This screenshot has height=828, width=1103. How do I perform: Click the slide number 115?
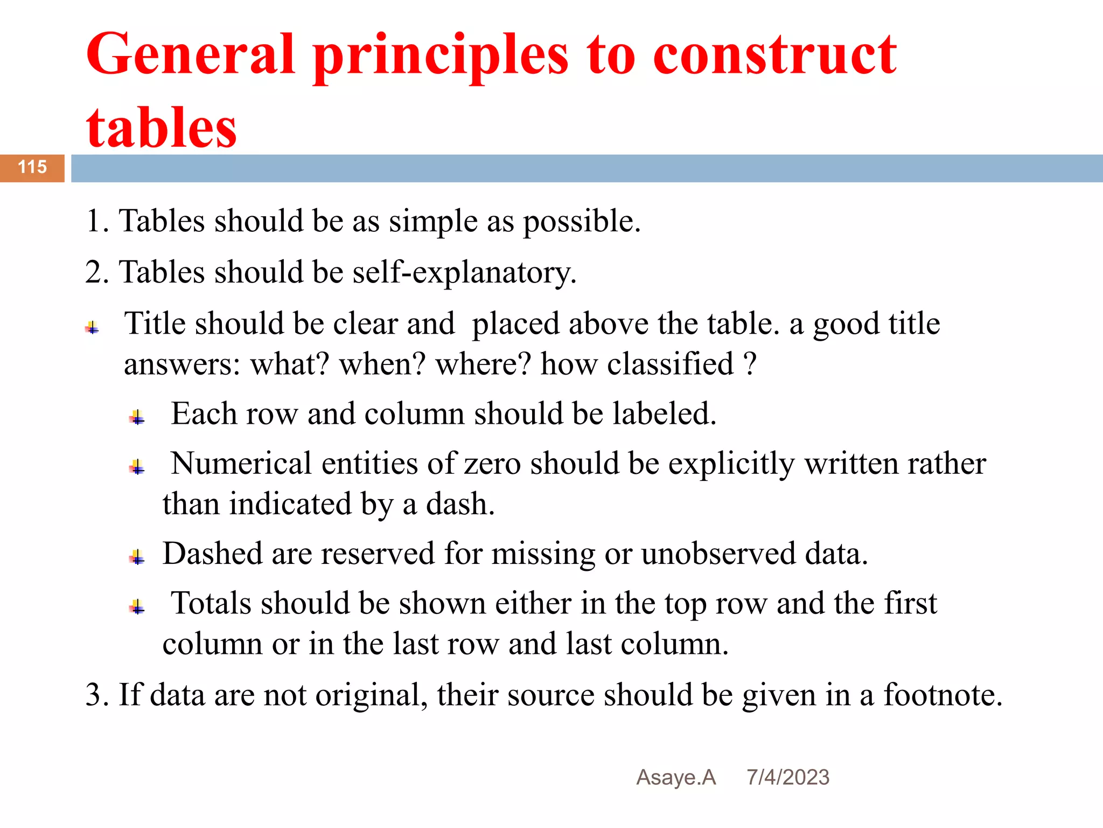pyautogui.click(x=32, y=167)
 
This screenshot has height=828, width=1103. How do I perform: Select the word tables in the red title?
pyautogui.click(x=161, y=128)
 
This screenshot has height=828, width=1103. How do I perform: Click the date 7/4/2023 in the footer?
pyautogui.click(x=787, y=777)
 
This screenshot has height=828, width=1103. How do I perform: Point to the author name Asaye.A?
pyautogui.click(x=676, y=777)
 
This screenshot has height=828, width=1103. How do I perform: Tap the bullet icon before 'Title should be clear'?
pyautogui.click(x=92, y=327)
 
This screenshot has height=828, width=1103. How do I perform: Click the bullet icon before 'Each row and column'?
pyautogui.click(x=137, y=417)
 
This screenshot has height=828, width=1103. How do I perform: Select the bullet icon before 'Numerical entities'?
pyautogui.click(x=137, y=467)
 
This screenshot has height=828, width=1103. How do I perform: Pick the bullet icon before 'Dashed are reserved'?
pyautogui.click(x=137, y=557)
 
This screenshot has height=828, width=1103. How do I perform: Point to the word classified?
pyautogui.click(x=670, y=364)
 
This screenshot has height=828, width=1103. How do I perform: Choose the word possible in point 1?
pyautogui.click(x=582, y=221)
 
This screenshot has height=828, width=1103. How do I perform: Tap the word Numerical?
pyautogui.click(x=241, y=464)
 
